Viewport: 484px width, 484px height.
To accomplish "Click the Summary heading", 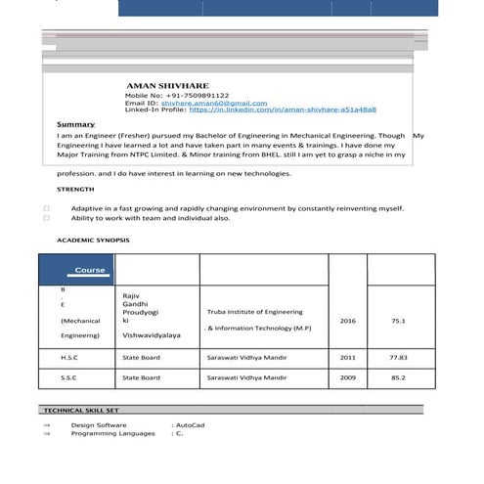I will point(75,125).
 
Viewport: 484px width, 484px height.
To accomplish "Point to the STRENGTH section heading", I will point(75,189).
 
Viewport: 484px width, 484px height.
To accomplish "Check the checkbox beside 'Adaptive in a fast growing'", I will point(47,208).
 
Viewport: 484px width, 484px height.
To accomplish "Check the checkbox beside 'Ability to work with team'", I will point(47,218).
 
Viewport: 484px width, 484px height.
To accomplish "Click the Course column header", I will point(90,270).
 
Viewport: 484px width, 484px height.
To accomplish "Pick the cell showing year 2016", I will point(348,320).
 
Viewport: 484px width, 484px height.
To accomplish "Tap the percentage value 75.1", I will point(398,320).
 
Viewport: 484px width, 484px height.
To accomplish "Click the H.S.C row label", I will point(68,358).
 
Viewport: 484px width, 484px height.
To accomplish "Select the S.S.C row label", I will point(68,376).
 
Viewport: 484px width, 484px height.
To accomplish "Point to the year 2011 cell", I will point(348,358).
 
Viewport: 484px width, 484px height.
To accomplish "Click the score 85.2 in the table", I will point(398,376).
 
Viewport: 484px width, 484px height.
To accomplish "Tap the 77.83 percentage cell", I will point(398,358).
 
